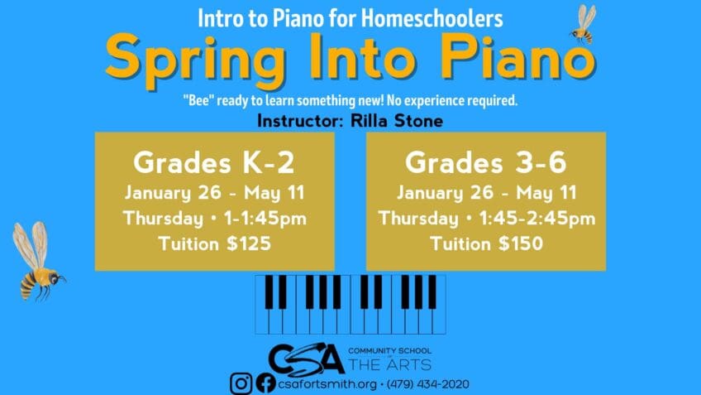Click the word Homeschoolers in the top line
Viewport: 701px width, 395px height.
tap(432, 18)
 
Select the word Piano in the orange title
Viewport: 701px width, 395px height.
tap(518, 56)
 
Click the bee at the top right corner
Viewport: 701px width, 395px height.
tap(584, 24)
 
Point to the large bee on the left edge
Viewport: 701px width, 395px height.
tap(38, 261)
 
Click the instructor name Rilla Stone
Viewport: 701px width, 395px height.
tap(397, 120)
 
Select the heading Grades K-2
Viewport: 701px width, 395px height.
tap(214, 162)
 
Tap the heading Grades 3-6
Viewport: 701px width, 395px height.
tap(486, 162)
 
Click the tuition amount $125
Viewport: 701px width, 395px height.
tap(249, 243)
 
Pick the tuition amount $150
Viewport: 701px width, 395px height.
tap(521, 243)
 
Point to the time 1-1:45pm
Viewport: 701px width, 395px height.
tap(265, 219)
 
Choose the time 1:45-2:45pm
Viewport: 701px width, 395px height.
tap(537, 219)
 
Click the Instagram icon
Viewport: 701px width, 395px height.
tap(241, 383)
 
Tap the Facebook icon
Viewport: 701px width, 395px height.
tap(266, 383)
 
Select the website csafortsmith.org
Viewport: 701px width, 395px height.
tap(327, 384)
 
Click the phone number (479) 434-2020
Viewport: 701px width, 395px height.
tap(428, 384)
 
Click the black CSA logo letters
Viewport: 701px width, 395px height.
tap(307, 359)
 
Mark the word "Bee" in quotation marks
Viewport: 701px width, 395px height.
tap(198, 100)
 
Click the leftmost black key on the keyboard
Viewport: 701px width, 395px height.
tap(269, 292)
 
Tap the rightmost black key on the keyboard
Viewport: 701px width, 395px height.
tap(432, 292)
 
